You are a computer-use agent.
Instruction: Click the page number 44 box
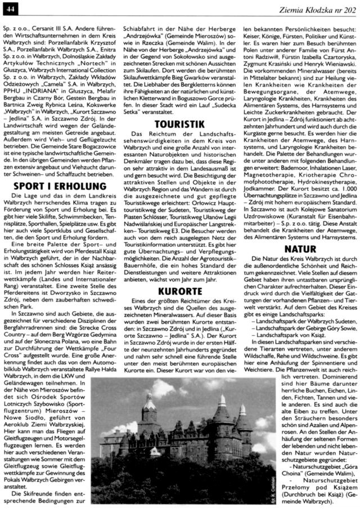(x=12, y=6)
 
